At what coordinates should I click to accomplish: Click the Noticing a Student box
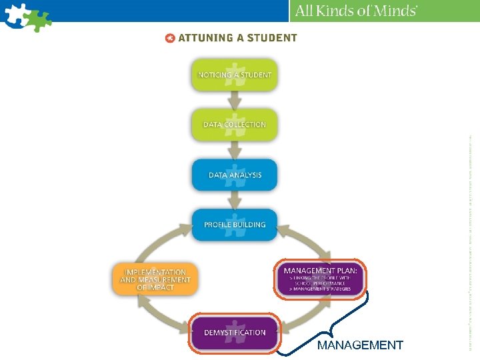click(x=234, y=75)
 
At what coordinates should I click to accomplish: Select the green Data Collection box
click(x=234, y=125)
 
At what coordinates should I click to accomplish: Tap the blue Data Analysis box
click(x=234, y=175)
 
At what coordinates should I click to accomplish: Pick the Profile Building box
click(x=234, y=225)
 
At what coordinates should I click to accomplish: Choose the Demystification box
click(x=234, y=332)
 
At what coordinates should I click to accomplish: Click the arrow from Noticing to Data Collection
click(x=234, y=99)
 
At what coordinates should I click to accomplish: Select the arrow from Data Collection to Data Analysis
click(x=234, y=150)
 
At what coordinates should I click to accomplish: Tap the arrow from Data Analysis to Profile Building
click(x=234, y=200)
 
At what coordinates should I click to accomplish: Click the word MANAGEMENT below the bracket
click(x=360, y=345)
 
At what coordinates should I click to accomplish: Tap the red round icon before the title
click(x=170, y=38)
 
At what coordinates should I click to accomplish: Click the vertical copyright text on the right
click(x=471, y=240)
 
